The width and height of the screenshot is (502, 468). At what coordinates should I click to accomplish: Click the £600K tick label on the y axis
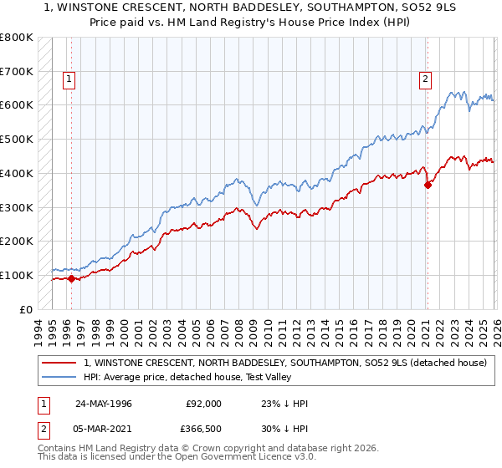(17, 105)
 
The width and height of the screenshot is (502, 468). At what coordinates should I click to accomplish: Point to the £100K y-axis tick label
(17, 275)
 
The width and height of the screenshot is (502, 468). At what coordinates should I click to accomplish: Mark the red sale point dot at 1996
(72, 278)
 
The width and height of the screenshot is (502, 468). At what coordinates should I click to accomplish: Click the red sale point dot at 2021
(428, 185)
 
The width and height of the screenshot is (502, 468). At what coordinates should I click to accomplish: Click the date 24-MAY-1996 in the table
(104, 404)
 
